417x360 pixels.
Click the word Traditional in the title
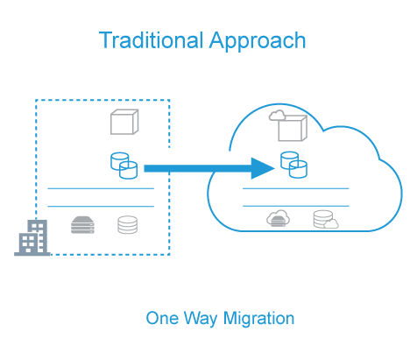click(151, 40)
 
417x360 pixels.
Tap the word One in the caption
click(162, 318)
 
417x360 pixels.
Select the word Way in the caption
click(201, 319)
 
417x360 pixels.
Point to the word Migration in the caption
click(258, 319)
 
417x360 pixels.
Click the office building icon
click(32, 238)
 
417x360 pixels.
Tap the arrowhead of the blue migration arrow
click(263, 168)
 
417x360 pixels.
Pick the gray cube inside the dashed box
click(124, 122)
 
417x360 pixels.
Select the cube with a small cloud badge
click(288, 126)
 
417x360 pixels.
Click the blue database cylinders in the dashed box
click(124, 166)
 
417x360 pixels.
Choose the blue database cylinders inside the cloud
click(293, 165)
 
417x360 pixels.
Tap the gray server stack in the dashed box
click(82, 225)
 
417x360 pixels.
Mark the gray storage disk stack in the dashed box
click(128, 225)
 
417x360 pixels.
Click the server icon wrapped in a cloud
click(279, 218)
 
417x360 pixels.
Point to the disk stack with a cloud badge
click(326, 220)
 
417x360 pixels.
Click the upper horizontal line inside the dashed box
click(101, 189)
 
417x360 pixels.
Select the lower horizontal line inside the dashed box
click(101, 207)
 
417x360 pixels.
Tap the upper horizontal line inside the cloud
click(296, 189)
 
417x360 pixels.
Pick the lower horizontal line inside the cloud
click(296, 206)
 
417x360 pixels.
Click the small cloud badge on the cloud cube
click(277, 116)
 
